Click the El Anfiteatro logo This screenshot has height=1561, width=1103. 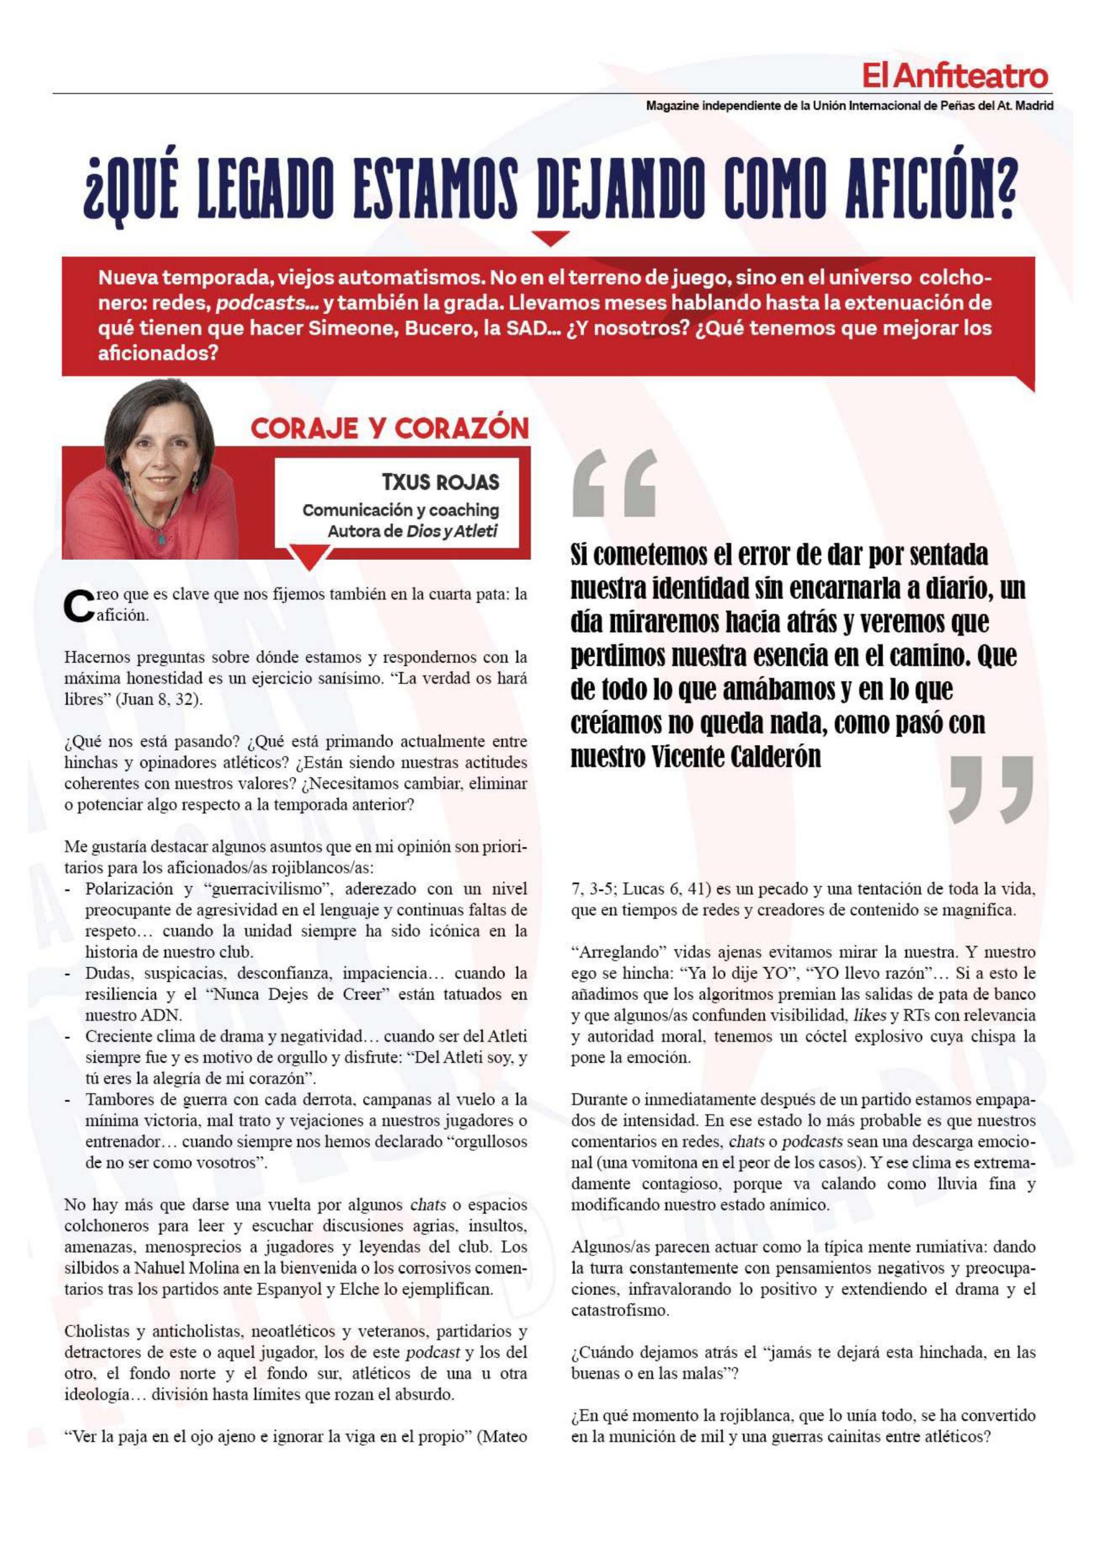(955, 76)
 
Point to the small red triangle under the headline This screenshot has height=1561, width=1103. (550, 237)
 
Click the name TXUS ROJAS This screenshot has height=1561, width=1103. (441, 482)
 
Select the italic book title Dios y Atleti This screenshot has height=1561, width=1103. (452, 531)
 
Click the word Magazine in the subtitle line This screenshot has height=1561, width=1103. (671, 106)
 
